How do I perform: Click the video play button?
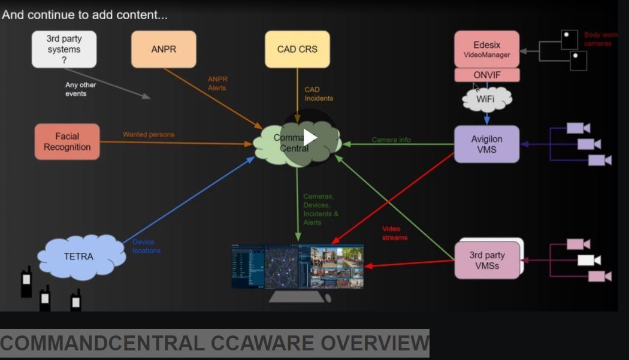tap(310, 138)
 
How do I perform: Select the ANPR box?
tap(164, 49)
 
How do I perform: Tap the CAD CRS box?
tap(297, 49)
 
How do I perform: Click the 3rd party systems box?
tap(63, 49)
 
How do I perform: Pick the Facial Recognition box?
tap(67, 142)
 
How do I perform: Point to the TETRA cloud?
tap(78, 256)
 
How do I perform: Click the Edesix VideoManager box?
tap(486, 49)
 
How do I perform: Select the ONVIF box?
tap(486, 75)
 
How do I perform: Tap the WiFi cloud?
tap(486, 99)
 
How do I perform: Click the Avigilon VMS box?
tap(486, 144)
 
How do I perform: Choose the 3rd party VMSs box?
tap(486, 260)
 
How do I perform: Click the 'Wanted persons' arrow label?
tap(149, 135)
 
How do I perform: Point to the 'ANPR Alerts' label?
tap(217, 83)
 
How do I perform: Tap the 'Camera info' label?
tap(391, 140)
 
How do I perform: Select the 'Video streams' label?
tap(395, 233)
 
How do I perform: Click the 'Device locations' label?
tap(147, 246)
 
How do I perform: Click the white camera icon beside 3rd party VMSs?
tap(589, 260)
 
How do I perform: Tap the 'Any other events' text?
tap(80, 89)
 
